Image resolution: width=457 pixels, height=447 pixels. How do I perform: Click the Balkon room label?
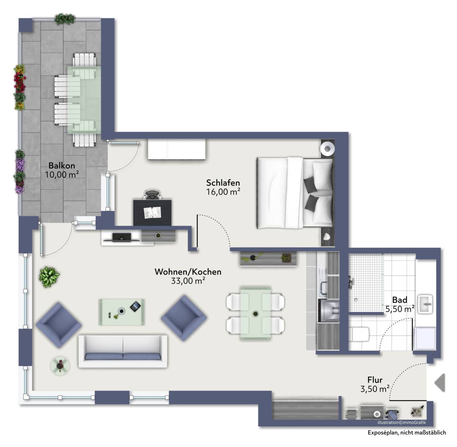(x=62, y=166)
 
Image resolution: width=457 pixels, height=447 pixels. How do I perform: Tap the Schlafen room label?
(x=223, y=183)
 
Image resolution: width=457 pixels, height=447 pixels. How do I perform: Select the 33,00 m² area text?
(x=188, y=281)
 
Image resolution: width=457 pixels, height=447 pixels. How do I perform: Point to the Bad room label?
(x=399, y=300)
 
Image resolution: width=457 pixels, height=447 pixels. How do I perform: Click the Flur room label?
(x=375, y=380)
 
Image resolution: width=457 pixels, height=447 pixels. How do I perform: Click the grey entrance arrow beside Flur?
(x=440, y=383)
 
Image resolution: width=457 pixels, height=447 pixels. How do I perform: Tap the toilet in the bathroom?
(x=359, y=334)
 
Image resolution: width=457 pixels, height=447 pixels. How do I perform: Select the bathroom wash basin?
(x=425, y=304)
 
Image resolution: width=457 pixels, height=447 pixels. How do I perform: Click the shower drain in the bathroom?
(x=355, y=299)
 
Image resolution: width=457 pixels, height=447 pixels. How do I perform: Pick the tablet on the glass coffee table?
(x=135, y=306)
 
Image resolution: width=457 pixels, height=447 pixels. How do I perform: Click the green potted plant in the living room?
(x=49, y=277)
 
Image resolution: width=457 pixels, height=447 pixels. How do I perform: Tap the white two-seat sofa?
(x=123, y=351)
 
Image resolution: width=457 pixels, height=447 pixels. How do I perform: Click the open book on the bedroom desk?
(x=152, y=212)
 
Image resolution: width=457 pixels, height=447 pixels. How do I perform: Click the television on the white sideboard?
(x=121, y=237)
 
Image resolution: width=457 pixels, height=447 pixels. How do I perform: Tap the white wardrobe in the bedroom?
(x=177, y=149)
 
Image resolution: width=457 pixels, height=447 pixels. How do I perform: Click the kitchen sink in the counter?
(x=324, y=288)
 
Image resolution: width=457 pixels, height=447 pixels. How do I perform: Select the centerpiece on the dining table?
(x=255, y=314)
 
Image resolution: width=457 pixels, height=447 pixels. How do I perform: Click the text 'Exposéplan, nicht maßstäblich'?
(x=407, y=432)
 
